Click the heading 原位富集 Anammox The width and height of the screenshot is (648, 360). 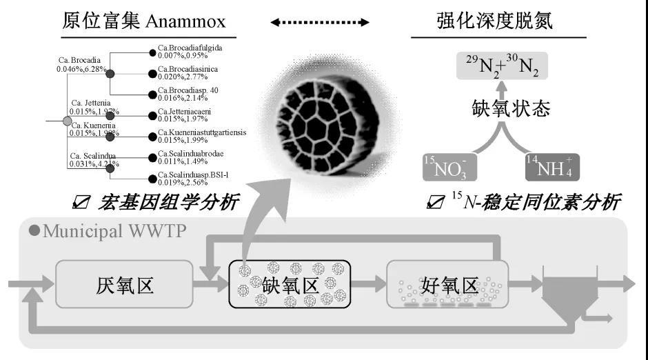[x=144, y=21]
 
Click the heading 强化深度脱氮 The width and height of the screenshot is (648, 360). [x=495, y=21]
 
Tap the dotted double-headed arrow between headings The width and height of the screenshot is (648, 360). [x=319, y=23]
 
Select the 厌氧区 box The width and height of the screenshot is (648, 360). [x=125, y=284]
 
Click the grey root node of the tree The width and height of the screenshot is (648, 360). [x=68, y=122]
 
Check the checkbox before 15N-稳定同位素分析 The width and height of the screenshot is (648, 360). [x=435, y=202]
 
